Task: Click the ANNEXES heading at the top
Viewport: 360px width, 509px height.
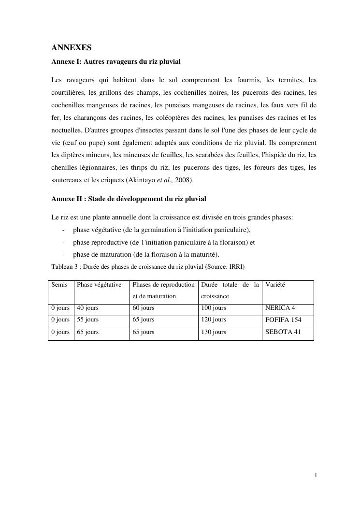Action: click(x=72, y=48)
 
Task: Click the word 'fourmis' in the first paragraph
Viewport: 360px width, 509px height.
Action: click(x=250, y=80)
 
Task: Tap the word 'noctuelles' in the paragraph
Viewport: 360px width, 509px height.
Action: click(x=66, y=131)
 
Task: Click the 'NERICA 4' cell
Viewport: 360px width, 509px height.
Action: click(x=280, y=308)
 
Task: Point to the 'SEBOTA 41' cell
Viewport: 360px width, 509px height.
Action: click(x=283, y=332)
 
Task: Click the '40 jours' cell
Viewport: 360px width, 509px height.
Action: click(x=87, y=308)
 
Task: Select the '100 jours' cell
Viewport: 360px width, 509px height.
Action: click(x=214, y=308)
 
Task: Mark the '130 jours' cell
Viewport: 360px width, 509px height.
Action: click(x=214, y=332)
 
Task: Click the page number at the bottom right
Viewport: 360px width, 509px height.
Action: click(x=316, y=476)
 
